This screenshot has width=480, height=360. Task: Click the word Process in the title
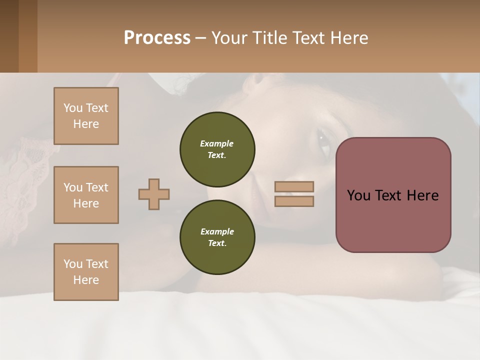click(157, 37)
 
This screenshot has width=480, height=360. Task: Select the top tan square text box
click(86, 116)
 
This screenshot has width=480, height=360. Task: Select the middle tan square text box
click(86, 195)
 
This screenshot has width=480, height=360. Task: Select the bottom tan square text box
click(86, 271)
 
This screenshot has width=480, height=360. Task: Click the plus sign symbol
click(154, 194)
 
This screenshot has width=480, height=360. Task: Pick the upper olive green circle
click(217, 149)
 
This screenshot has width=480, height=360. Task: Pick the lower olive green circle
click(217, 237)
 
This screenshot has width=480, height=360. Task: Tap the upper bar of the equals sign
click(294, 186)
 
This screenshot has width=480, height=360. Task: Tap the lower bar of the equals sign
click(294, 201)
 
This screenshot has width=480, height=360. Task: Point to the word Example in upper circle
click(217, 143)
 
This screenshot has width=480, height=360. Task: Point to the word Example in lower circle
click(217, 231)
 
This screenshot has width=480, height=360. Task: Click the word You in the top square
click(73, 108)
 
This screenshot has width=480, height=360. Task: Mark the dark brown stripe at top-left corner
click(9, 36)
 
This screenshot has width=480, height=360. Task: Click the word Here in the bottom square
click(86, 279)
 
